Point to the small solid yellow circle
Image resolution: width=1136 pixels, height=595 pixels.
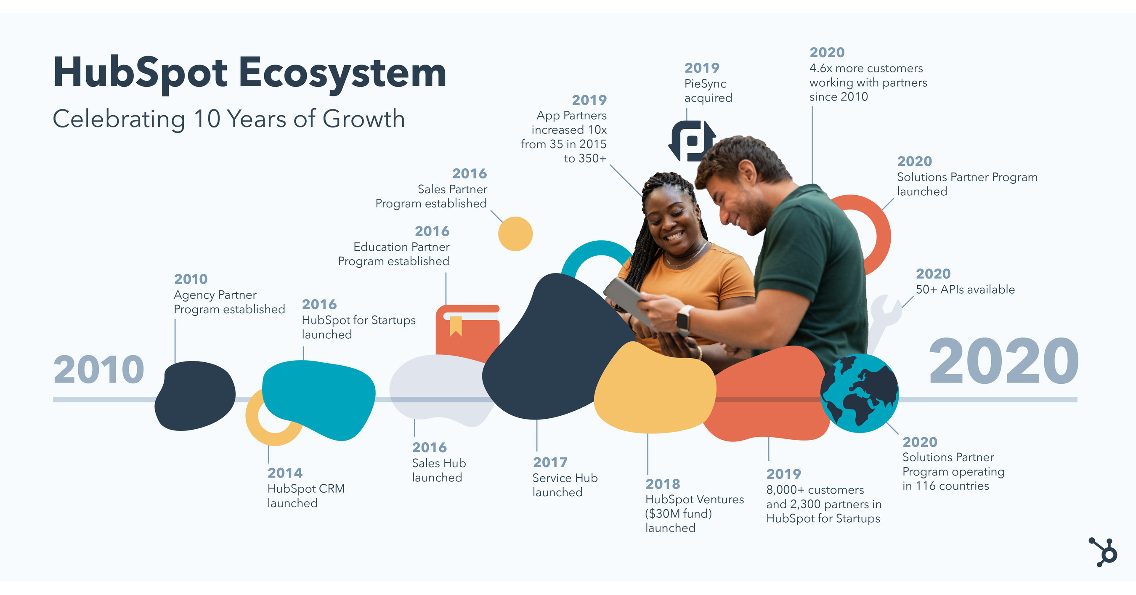515,234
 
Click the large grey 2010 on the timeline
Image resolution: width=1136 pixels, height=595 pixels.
99,369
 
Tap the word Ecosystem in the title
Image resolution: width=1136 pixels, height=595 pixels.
342,73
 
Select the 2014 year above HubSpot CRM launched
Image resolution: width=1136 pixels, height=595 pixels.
285,473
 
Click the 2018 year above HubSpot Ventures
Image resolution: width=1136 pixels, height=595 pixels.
663,484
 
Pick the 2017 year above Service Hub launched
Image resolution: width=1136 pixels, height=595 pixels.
550,462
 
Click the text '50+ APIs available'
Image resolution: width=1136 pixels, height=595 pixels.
965,290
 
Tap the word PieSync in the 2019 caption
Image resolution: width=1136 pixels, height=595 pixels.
705,84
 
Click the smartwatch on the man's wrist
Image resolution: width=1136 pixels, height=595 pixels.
684,317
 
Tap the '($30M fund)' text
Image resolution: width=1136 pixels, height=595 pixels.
678,514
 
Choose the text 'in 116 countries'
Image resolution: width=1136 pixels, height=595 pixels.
945,486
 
